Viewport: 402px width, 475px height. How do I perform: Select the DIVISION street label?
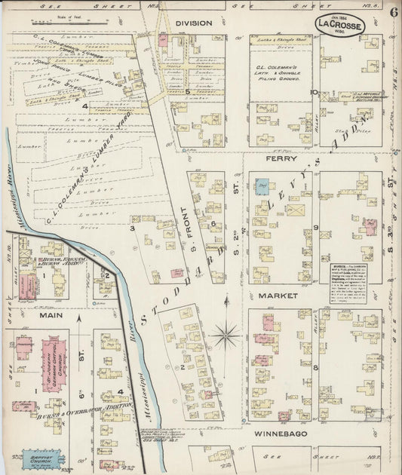pos(194,23)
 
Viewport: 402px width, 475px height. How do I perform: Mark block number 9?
pos(317,227)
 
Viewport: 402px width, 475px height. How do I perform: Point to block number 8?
pos(315,367)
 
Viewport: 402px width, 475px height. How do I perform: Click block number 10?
pos(311,92)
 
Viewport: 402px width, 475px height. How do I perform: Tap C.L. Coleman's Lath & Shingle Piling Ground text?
pos(281,72)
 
